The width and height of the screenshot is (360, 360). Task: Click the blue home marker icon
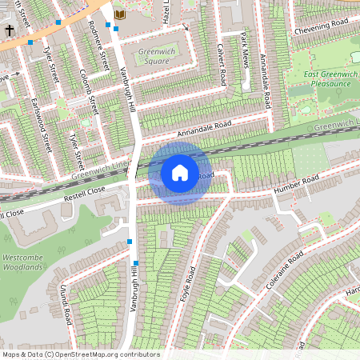click(180, 173)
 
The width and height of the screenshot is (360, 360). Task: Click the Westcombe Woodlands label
click(22, 262)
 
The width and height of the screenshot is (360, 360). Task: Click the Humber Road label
click(296, 185)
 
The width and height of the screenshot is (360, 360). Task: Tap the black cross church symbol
click(10, 30)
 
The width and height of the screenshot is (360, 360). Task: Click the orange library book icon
click(121, 14)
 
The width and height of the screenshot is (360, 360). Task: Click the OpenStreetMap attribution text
click(80, 354)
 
